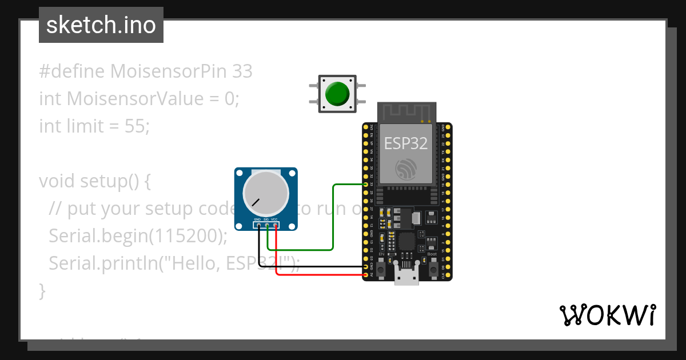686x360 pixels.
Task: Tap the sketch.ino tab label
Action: [x=101, y=25]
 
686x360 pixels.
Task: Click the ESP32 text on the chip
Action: [x=405, y=143]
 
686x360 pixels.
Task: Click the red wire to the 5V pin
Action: [x=320, y=274]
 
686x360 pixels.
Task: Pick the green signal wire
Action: [x=333, y=217]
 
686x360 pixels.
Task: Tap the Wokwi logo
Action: [x=607, y=315]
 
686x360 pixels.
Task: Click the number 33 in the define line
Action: [x=242, y=71]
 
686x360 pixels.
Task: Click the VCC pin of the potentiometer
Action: [x=276, y=225]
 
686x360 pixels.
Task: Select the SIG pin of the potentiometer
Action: [x=267, y=225]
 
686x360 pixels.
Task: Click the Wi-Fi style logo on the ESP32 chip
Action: [x=406, y=168]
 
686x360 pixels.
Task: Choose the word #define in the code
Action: [x=72, y=71]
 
